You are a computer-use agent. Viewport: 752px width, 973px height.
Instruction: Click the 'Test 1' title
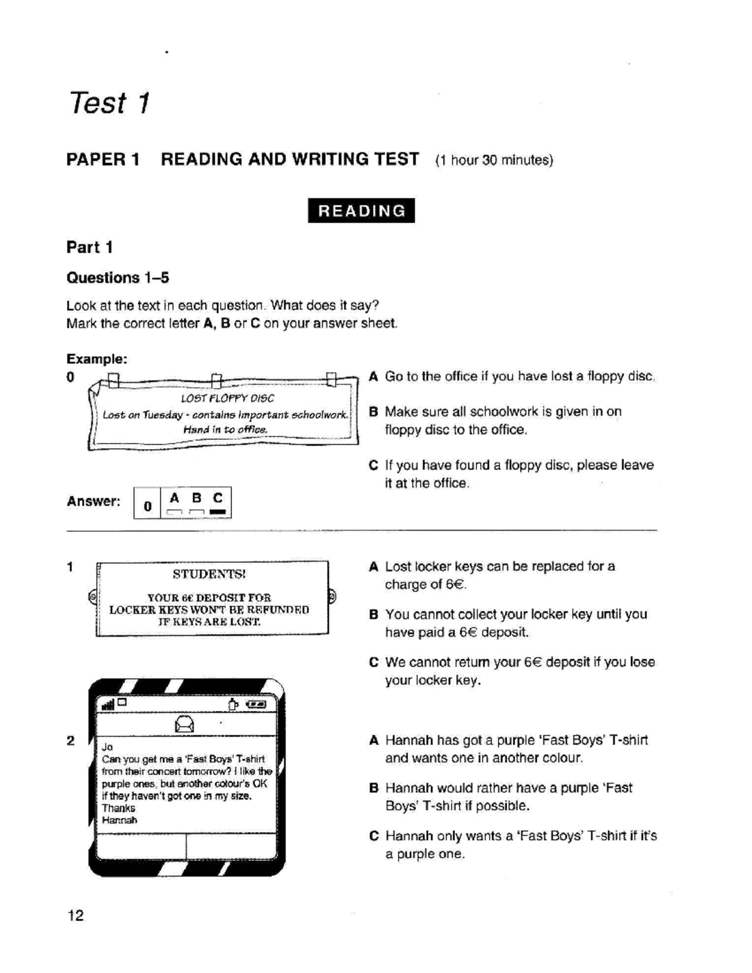click(110, 103)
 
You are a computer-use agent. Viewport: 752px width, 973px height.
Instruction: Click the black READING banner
click(361, 211)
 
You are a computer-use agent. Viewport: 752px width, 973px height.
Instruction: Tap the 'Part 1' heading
click(90, 247)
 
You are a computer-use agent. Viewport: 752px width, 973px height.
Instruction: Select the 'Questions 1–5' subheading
click(118, 278)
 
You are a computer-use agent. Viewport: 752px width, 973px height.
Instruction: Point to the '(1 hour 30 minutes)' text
click(494, 160)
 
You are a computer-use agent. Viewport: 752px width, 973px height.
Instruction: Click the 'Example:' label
click(97, 359)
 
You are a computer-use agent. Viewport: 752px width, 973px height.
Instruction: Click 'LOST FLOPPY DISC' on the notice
click(227, 398)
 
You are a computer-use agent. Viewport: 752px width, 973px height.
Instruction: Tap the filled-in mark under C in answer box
click(217, 513)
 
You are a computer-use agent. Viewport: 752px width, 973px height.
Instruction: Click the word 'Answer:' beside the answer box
click(93, 501)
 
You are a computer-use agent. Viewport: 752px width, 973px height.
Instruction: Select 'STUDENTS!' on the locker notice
click(209, 574)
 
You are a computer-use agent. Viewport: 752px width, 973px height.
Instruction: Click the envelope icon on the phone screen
click(185, 724)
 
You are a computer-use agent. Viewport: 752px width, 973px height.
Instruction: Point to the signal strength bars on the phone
click(108, 705)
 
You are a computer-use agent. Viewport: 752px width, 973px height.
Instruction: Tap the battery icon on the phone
click(256, 705)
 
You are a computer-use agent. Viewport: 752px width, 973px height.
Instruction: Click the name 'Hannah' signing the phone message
click(119, 820)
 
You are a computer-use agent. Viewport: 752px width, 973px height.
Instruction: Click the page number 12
click(75, 915)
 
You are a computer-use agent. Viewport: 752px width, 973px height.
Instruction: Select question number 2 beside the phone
click(71, 741)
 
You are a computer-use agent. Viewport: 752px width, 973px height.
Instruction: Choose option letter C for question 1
click(373, 662)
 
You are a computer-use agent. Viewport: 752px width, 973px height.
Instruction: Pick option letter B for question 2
click(373, 788)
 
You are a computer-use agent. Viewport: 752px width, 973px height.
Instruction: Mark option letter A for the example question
click(373, 377)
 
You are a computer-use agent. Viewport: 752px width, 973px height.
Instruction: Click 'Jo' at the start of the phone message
click(107, 747)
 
